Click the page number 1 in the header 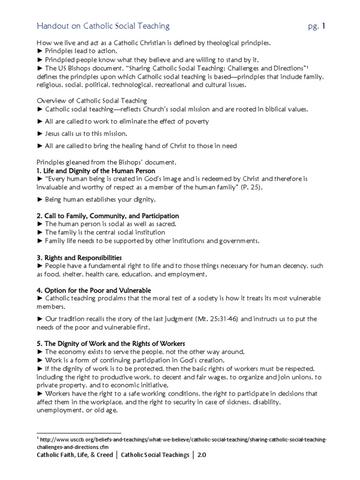[323, 26]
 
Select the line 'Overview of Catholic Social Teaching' [92, 101]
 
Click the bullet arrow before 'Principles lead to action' [40, 51]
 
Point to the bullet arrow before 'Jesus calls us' [40, 134]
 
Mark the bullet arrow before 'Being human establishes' [40, 199]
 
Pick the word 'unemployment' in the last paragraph [58, 409]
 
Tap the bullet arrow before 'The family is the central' [40, 232]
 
